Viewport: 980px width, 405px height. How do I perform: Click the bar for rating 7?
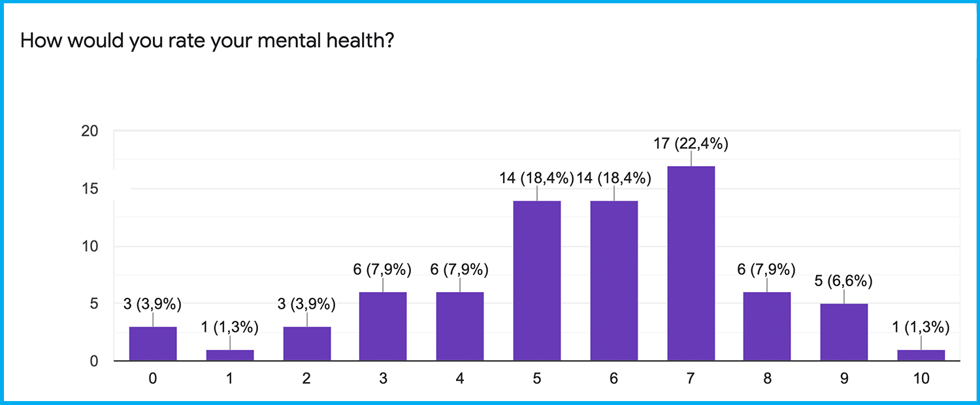pos(691,263)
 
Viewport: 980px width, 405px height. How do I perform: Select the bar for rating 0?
pos(153,344)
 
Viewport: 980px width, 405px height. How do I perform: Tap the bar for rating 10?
pos(921,355)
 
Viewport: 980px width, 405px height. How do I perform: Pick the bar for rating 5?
pos(537,281)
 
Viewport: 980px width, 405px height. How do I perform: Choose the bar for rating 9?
pos(844,332)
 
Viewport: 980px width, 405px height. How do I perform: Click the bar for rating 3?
pos(383,326)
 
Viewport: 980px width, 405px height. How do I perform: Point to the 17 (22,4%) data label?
pos(691,143)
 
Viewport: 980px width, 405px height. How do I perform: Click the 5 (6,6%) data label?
pos(844,281)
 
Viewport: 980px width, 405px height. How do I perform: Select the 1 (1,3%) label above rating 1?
pos(230,327)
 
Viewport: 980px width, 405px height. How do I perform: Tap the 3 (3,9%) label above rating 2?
pos(307,304)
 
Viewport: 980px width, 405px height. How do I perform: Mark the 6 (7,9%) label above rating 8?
pos(767,269)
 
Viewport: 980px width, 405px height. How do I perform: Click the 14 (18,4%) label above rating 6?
pos(613,178)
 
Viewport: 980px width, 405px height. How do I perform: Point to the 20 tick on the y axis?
pos(90,131)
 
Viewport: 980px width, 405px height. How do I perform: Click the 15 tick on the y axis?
pos(90,189)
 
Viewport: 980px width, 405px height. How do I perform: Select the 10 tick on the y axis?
pos(90,246)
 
